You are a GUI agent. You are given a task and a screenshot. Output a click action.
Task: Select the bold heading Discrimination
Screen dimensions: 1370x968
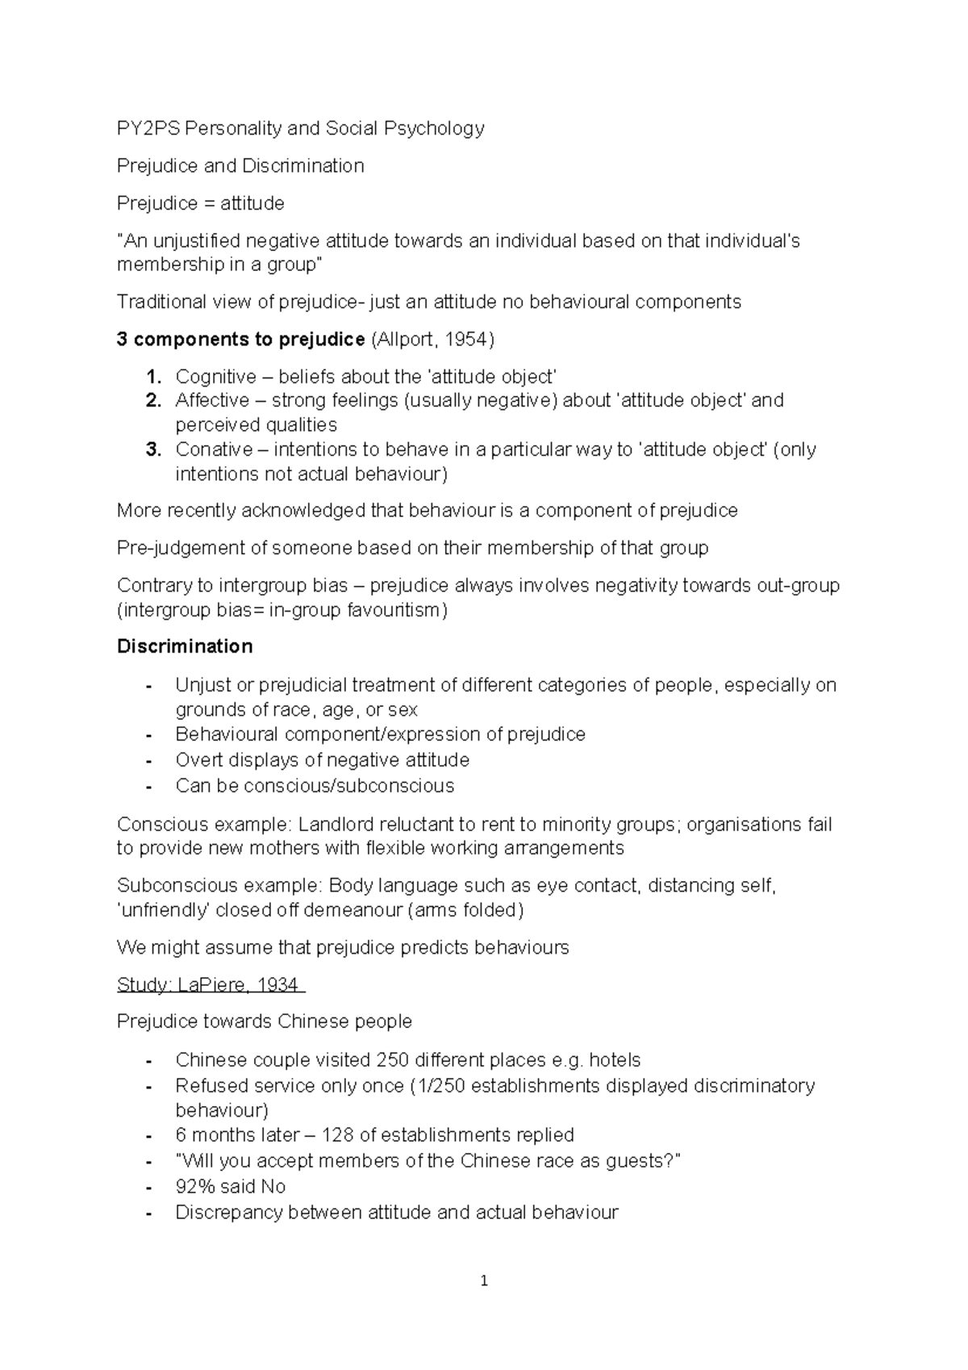[185, 646]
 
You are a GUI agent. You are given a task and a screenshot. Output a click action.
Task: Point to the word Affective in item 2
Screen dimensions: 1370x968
[212, 400]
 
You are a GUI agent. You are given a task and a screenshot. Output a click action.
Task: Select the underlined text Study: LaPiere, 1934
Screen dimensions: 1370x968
[208, 984]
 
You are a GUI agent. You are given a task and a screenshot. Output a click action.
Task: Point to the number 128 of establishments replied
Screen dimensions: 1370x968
[338, 1135]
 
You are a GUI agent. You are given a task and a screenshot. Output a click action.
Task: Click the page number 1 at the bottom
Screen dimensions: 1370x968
[484, 1280]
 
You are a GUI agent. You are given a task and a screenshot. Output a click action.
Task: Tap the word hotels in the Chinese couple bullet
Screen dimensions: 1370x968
[615, 1060]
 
